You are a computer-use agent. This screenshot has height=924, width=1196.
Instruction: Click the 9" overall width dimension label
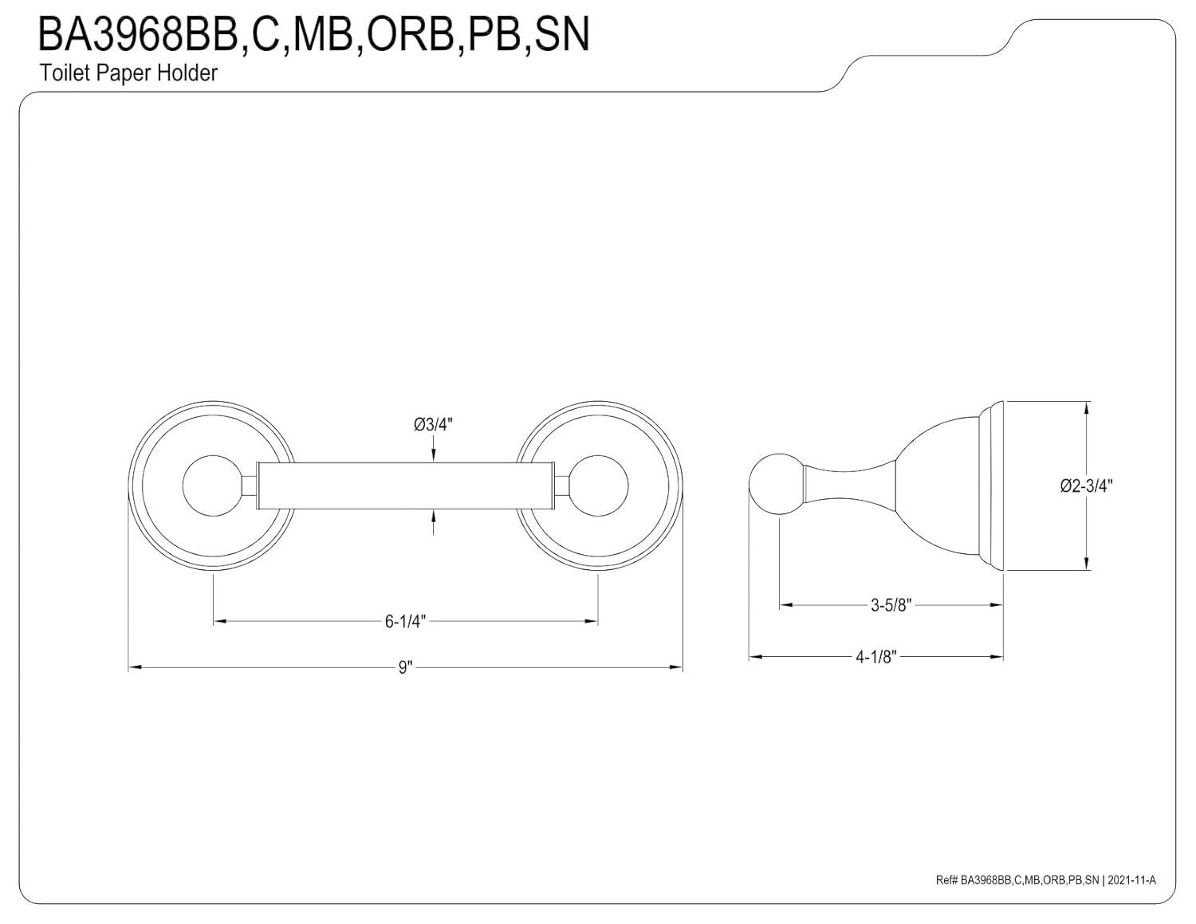tap(405, 667)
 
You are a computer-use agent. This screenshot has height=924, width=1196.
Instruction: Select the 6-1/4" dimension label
tap(406, 621)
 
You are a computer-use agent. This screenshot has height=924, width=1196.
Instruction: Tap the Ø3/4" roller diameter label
tap(433, 425)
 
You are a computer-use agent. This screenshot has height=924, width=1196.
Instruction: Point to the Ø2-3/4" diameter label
tap(1086, 486)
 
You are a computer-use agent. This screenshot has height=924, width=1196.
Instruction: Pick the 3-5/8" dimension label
tap(891, 605)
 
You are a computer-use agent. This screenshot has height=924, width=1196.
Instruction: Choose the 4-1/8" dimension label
tap(876, 657)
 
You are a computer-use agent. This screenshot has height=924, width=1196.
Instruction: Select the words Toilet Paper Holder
tap(128, 73)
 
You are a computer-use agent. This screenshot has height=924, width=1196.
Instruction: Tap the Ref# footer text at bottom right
tap(1018, 880)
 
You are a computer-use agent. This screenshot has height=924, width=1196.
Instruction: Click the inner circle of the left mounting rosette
tap(211, 486)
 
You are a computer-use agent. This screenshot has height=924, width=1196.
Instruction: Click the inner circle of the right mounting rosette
tap(600, 486)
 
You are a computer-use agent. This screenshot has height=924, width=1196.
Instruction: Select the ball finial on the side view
tap(776, 485)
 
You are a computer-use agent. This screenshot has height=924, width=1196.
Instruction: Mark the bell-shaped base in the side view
tap(941, 485)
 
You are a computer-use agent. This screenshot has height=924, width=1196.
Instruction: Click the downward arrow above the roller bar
tap(433, 454)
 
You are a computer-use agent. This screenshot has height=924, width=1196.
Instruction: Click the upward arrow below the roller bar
tap(433, 517)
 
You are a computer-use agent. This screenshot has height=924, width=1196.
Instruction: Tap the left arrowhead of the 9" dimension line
tap(135, 667)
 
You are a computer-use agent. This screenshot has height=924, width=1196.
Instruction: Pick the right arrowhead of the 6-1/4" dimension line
tap(592, 621)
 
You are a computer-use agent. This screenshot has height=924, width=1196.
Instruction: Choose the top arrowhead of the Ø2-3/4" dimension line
tap(1087, 407)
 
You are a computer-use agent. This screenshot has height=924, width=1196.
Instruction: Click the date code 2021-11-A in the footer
tap(1131, 880)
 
